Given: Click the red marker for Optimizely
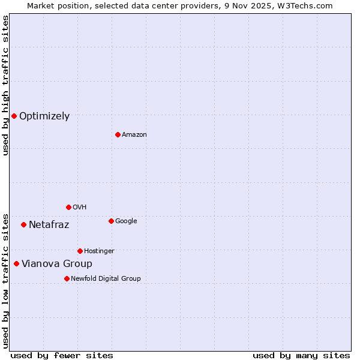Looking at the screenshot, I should point(14,116).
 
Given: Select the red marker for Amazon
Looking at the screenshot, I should point(118,134).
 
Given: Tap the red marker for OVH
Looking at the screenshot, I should point(68,207).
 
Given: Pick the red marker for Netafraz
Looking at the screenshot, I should point(23,224).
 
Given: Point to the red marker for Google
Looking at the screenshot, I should point(111,221).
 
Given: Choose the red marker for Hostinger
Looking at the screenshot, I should point(80,251).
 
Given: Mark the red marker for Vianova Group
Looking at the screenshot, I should point(16,263).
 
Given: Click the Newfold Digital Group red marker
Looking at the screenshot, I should point(67,278).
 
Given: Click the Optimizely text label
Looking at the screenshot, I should point(44,116).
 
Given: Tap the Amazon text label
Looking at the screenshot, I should point(134,135).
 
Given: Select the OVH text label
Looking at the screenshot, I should point(80,208).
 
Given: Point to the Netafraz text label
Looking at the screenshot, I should point(49,225).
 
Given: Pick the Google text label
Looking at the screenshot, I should point(126,221).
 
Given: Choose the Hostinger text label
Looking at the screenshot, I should point(99,251).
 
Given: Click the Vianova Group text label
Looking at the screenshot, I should point(57,264).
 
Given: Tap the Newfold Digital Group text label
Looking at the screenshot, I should point(106,279).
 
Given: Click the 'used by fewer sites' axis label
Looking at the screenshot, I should point(62,355).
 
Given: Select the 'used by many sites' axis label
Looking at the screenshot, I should point(301,355).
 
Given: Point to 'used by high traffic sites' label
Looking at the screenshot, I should point(5,85).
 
